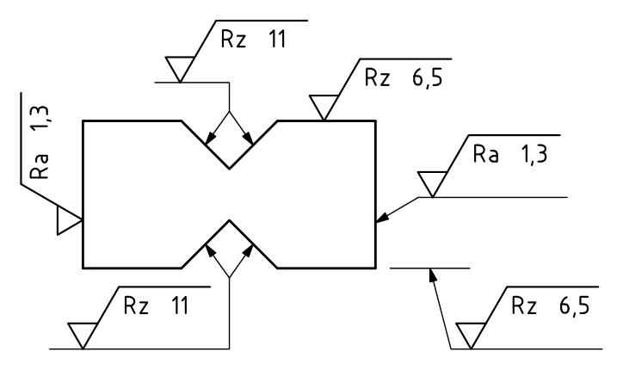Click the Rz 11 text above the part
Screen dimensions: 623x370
click(253, 40)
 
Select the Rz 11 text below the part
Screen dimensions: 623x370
click(156, 305)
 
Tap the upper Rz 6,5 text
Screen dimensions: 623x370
click(404, 77)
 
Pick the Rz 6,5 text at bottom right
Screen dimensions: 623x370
click(551, 305)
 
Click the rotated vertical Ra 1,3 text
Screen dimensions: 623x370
click(40, 142)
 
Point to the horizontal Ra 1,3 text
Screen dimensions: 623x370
click(510, 154)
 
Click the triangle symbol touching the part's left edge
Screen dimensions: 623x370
click(69, 220)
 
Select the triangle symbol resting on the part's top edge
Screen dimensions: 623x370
click(324, 108)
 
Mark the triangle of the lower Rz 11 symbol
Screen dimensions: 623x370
click(83, 336)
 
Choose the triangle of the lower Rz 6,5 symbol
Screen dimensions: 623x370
click(471, 336)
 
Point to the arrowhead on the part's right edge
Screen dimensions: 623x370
click(382, 218)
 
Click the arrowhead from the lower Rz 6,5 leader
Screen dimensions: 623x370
click(432, 275)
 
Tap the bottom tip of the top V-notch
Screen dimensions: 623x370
click(229, 169)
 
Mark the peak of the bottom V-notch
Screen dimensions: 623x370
click(229, 220)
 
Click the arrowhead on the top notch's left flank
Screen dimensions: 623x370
click(210, 138)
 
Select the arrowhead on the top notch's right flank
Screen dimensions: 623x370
click(249, 138)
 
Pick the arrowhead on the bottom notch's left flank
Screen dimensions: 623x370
click(210, 251)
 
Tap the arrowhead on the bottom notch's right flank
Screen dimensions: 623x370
click(249, 251)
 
